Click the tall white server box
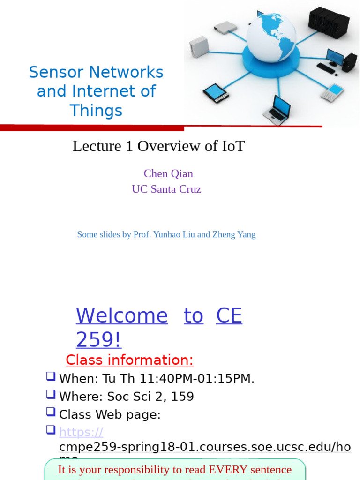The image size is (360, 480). (198, 46)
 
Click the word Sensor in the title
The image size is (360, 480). (56, 72)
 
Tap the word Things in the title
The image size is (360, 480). (96, 111)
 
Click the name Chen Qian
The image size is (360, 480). (168, 173)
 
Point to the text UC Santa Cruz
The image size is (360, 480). (166, 189)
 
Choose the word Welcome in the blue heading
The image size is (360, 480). (122, 315)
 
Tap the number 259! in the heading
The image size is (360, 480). (98, 339)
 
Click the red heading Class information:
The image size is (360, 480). (129, 360)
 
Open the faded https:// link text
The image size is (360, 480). (81, 432)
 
